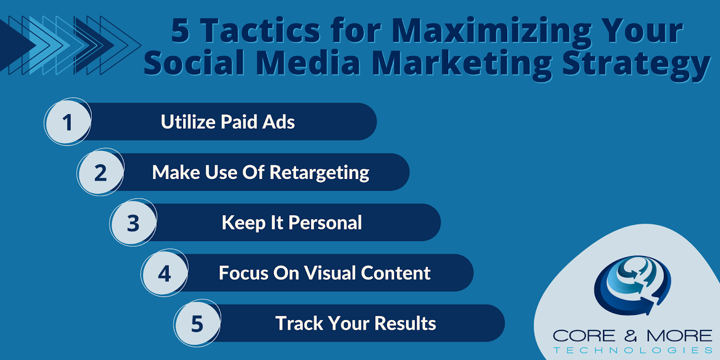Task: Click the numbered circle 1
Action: [67, 121]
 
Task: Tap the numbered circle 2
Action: [101, 172]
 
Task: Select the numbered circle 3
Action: [133, 222]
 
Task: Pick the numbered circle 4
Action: [165, 273]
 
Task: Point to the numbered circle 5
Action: [198, 324]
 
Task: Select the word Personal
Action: [325, 222]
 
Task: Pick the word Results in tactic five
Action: [405, 323]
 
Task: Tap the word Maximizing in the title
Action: [491, 33]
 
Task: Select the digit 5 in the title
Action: [180, 31]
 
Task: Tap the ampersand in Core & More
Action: [630, 336]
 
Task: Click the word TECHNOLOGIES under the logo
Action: [633, 350]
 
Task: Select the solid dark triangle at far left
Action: [18, 45]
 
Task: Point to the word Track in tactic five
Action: [299, 323]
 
